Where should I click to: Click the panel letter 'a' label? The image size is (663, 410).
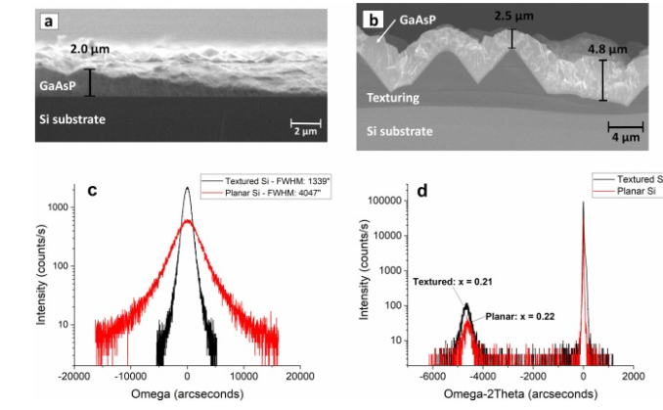coord(47,18)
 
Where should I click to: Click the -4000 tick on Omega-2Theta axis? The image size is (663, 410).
coord(481,376)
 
